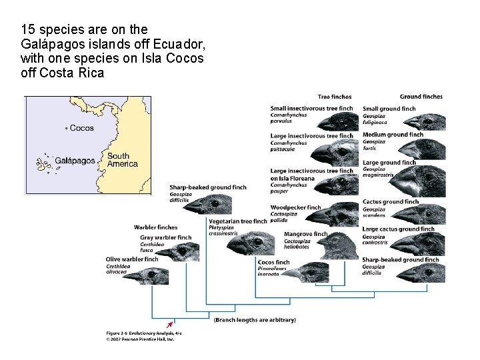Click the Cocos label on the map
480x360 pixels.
pyautogui.click(x=81, y=128)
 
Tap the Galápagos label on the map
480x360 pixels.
pyautogui.click(x=74, y=161)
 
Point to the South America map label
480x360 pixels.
pyautogui.click(x=122, y=160)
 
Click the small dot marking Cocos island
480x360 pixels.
pyautogui.click(x=66, y=129)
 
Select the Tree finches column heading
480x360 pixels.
pyautogui.click(x=335, y=97)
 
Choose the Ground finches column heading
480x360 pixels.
pyautogui.click(x=421, y=97)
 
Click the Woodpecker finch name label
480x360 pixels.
pyautogui.click(x=295, y=207)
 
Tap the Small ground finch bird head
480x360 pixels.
pyautogui.click(x=427, y=121)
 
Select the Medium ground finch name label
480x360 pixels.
pyautogui.click(x=393, y=135)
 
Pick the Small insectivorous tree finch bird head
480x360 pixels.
pyautogui.click(x=337, y=121)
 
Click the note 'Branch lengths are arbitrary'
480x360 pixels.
pyautogui.click(x=255, y=320)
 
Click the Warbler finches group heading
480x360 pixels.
pyautogui.click(x=155, y=227)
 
